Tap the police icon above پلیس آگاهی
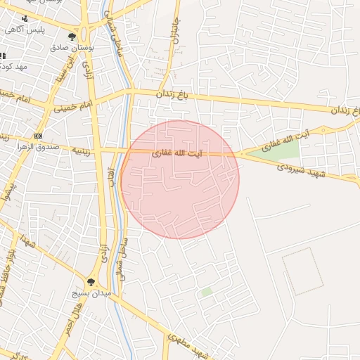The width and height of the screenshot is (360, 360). click(x=26, y=18)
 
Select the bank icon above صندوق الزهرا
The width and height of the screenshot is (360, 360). click(x=37, y=136)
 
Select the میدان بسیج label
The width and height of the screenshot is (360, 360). click(x=91, y=292)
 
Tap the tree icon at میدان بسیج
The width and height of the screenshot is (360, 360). click(x=91, y=281)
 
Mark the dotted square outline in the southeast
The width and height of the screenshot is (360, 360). click(x=302, y=271)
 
